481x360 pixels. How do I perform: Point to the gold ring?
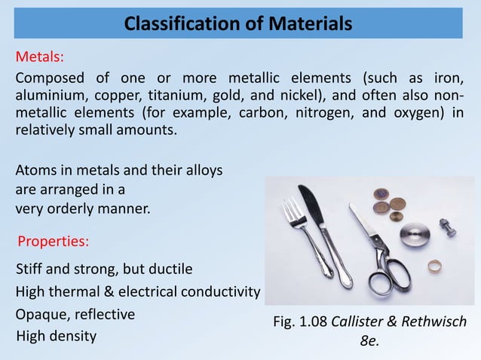pyautogui.click(x=434, y=265)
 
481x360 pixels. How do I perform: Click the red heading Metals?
pyautogui.click(x=40, y=56)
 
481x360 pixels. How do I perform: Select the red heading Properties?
pyautogui.click(x=53, y=242)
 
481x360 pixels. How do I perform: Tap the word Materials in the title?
pyautogui.click(x=310, y=24)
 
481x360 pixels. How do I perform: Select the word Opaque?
pyautogui.click(x=41, y=314)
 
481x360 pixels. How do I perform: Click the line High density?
pyautogui.click(x=57, y=336)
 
